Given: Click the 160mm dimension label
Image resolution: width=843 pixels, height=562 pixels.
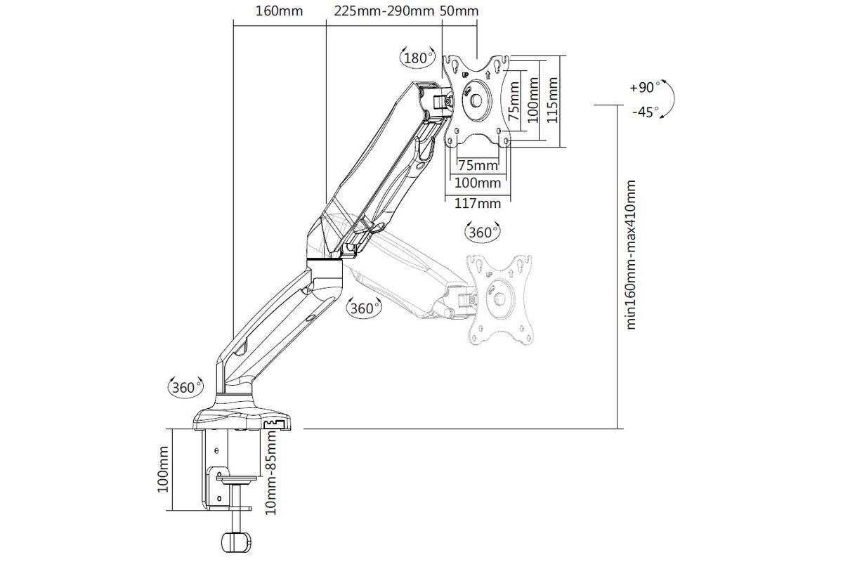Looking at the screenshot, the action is coord(280,11).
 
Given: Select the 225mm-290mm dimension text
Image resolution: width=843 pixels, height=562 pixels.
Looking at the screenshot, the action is coord(384,11).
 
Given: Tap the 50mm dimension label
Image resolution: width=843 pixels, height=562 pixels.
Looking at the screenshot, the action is coord(459,11).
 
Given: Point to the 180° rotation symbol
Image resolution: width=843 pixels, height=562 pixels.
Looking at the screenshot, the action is coord(417,58).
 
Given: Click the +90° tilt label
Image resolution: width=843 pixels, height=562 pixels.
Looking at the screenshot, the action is coord(645,87).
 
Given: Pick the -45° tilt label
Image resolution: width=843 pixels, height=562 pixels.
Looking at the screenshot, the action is coord(646,112).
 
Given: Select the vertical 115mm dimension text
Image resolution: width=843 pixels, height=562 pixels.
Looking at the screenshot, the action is coord(551,100).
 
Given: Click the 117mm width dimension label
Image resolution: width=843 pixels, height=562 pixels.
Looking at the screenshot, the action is coord(478,204).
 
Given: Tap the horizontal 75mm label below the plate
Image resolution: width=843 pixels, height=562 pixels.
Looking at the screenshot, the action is coord(478,165).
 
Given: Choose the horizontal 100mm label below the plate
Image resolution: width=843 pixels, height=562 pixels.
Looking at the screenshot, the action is coord(478,183).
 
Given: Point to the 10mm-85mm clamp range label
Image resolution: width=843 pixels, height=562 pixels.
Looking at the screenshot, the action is coord(270,473).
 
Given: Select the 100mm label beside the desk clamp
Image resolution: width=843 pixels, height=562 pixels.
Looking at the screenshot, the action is coord(162,469).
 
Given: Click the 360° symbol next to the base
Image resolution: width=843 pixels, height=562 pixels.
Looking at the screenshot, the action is coord(185,387).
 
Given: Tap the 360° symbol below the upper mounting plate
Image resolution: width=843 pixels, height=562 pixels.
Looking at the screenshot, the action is coord(483,233).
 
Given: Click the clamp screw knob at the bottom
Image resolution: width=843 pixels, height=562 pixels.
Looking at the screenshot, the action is coord(235,542).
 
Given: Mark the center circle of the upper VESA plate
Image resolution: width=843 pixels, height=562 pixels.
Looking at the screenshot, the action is coord(476,100).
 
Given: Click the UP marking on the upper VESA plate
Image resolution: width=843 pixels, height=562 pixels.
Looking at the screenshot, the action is coord(465,75).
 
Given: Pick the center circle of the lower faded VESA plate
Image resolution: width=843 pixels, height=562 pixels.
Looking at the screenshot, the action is coord(500,300).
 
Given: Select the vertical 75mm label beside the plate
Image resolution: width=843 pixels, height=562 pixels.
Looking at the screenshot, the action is coord(514,100).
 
